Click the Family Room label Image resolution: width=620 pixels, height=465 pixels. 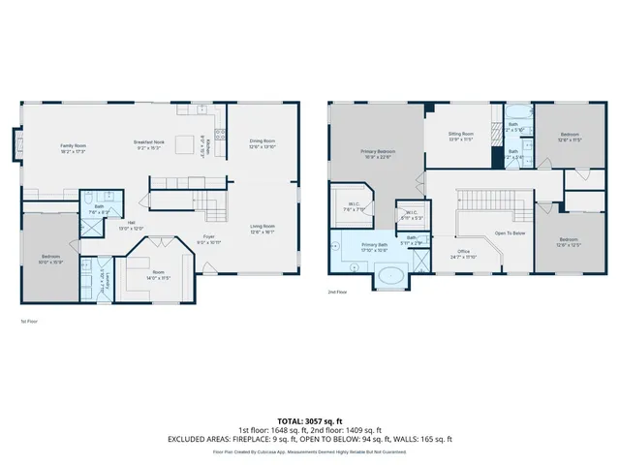(x=75, y=148)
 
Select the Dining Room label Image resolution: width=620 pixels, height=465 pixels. (x=263, y=143)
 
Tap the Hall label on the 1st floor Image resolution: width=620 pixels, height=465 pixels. (x=131, y=225)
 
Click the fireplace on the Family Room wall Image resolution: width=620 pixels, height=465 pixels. (x=16, y=146)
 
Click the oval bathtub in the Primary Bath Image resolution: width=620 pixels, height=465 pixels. (x=392, y=277)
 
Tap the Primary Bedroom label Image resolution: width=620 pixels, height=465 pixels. (x=377, y=154)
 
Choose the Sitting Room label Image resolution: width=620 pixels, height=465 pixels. (x=461, y=137)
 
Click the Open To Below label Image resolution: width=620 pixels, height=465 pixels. (x=510, y=233)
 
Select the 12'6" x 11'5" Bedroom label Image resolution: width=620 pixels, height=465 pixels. (x=571, y=137)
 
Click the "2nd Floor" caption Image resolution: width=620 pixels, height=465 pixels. (x=337, y=291)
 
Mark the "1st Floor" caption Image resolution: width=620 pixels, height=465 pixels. (x=29, y=321)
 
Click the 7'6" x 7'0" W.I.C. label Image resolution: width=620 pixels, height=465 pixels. (x=355, y=206)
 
